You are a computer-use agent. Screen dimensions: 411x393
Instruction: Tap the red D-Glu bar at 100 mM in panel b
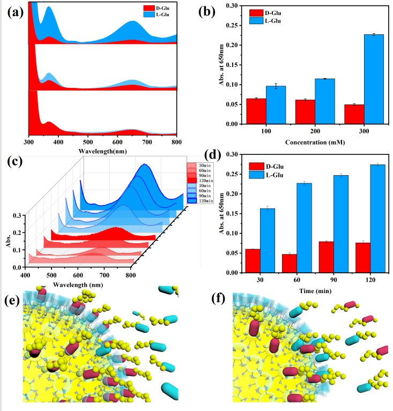coord(256,111)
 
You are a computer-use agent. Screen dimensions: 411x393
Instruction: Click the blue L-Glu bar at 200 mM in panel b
coord(324,101)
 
